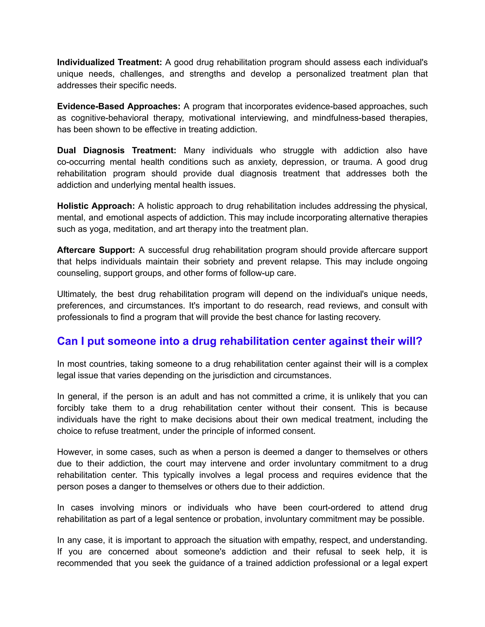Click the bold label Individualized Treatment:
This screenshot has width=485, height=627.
pos(109,62)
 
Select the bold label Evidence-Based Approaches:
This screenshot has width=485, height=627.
pos(119,106)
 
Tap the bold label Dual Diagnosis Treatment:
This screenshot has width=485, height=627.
pos(116,150)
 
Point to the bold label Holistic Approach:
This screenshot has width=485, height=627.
pos(96,206)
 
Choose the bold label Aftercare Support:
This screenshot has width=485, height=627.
pos(96,250)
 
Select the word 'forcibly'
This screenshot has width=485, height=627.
pos(71,408)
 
